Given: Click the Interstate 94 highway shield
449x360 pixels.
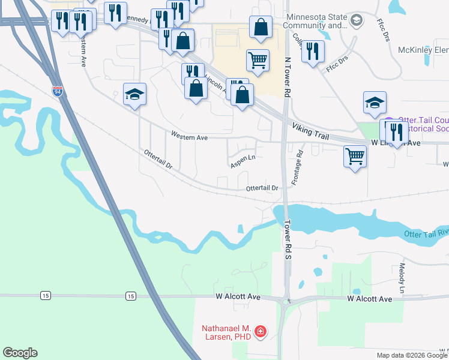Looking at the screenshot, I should (57, 92).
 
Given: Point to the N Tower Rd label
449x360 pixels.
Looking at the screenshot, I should (288, 78).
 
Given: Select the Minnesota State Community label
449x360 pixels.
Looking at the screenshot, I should (316, 21).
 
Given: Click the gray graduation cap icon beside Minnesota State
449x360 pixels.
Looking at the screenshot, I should (357, 21).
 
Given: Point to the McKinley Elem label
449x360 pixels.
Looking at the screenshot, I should (423, 50).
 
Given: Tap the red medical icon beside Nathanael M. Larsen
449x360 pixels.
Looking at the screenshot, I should (261, 331).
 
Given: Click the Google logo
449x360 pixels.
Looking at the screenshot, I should (20, 353).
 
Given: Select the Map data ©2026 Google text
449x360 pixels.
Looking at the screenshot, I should (412, 355).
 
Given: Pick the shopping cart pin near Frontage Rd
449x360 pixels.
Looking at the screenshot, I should (355, 157).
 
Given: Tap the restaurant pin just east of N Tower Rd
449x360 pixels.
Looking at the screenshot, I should (313, 51).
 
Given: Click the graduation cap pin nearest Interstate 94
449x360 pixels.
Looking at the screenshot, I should (135, 94).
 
